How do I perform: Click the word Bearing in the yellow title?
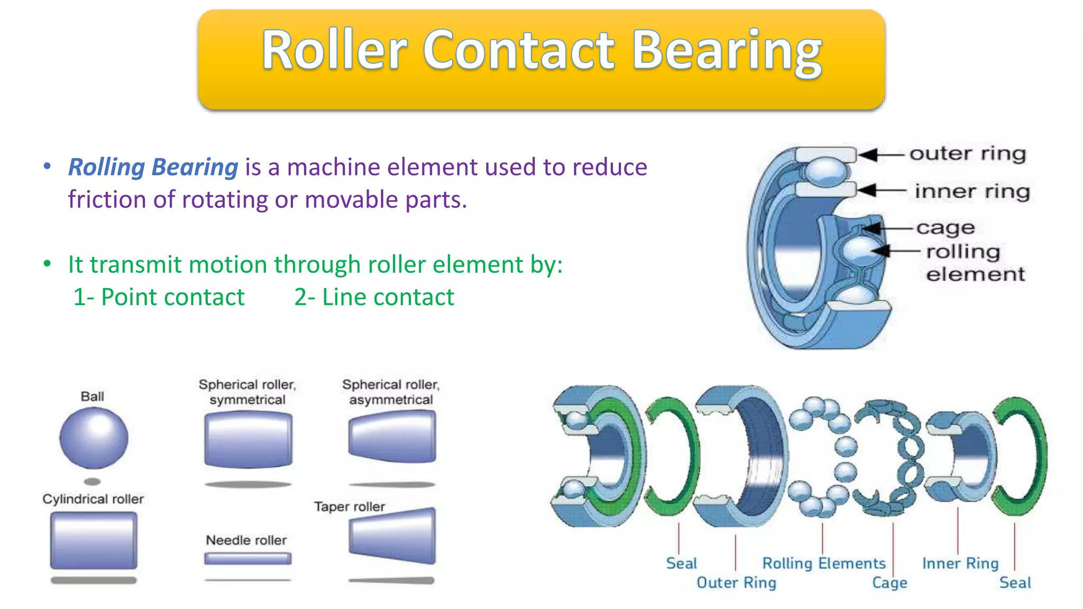(727, 51)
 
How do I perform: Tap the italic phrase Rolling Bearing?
(153, 167)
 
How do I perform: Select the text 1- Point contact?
(159, 297)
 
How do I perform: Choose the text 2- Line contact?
(374, 297)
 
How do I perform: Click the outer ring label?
(968, 154)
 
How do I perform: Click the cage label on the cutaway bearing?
(946, 228)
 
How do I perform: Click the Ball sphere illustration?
(94, 438)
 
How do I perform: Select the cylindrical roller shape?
(94, 540)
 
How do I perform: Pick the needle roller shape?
(247, 558)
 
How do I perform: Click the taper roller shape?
(392, 536)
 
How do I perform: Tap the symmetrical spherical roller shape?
(247, 440)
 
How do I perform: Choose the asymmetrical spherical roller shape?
(392, 437)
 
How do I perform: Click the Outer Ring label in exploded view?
(736, 583)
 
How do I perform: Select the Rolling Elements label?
(823, 564)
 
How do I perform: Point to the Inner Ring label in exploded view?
(960, 564)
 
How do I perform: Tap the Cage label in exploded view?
(889, 583)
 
